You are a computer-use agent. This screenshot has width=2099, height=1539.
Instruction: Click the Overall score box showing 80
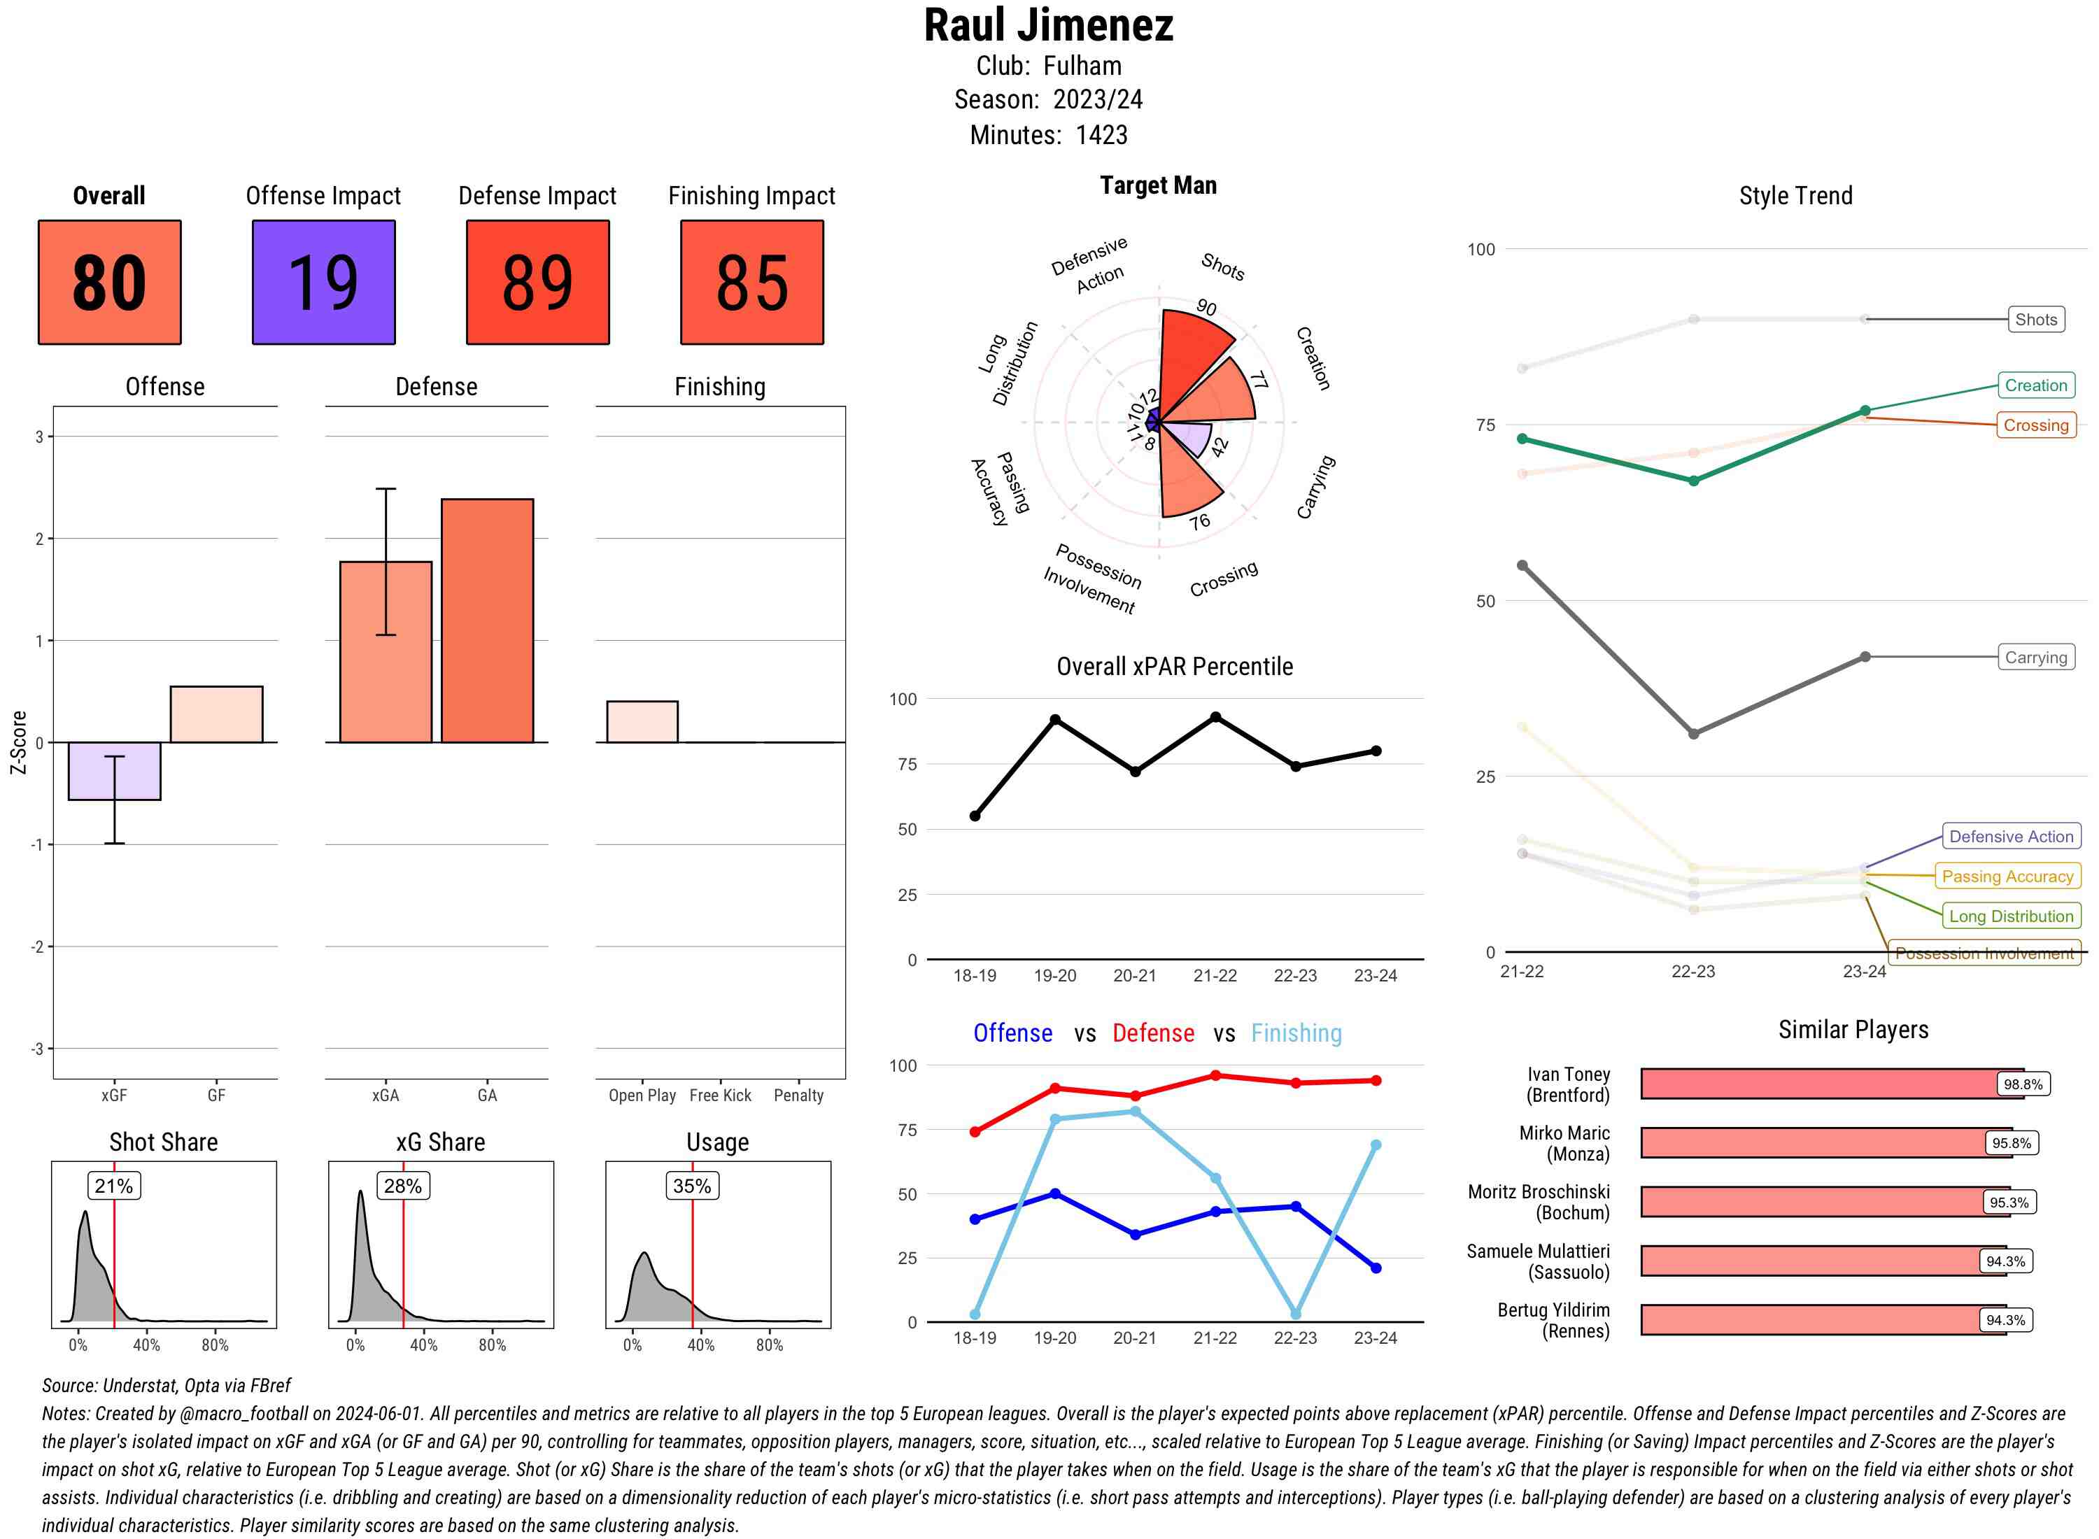pos(109,283)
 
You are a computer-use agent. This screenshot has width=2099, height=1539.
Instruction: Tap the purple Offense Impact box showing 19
pos(323,283)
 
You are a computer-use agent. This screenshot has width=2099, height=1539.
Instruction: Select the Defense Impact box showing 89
pos(537,283)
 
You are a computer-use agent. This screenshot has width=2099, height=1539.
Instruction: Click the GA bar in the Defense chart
pos(487,620)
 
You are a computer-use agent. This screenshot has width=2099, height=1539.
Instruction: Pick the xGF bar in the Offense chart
pos(115,770)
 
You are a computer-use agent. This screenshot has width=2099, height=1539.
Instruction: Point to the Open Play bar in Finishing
pos(642,722)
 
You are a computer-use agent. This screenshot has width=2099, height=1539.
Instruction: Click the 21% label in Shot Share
pos(113,1186)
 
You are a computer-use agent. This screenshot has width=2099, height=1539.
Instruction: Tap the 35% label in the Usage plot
pos(691,1186)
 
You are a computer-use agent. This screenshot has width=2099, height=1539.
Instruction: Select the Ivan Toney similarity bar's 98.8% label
pos(2023,1084)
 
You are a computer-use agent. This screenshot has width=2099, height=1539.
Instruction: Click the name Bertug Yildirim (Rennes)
pos(1553,1320)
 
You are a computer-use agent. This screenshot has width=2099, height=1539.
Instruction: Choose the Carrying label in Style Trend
pos(2035,657)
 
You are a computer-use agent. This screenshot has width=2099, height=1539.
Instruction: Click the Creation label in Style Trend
pos(2035,385)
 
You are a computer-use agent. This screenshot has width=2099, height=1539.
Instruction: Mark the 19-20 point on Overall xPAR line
pos(1054,719)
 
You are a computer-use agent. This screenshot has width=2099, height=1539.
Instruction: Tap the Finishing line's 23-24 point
pos(1375,1145)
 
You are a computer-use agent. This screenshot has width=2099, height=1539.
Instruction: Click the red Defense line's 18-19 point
pos(975,1132)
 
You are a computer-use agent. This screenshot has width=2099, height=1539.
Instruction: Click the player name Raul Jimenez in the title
pos(1048,26)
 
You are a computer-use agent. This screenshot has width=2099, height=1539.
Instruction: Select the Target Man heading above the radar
pos(1158,185)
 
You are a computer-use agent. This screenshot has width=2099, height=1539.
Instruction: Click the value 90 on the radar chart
pos(1206,307)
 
